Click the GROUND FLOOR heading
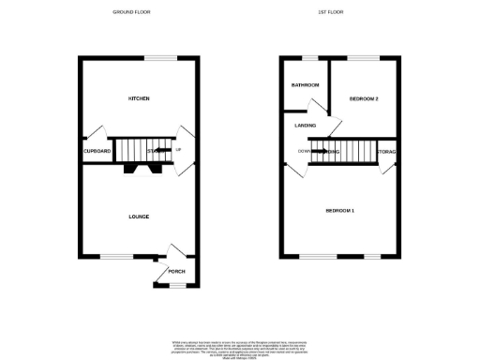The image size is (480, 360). pyautogui.click(x=131, y=12)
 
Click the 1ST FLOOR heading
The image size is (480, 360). pyautogui.click(x=343, y=12)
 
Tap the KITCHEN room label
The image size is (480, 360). pyautogui.click(x=140, y=98)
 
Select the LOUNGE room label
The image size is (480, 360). pyautogui.click(x=139, y=217)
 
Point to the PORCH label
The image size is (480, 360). pyautogui.click(x=176, y=272)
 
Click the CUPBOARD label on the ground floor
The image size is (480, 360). pyautogui.click(x=97, y=151)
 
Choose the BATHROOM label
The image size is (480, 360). pyautogui.click(x=305, y=85)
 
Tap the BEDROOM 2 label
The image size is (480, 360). pyautogui.click(x=364, y=98)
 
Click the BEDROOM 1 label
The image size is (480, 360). pyautogui.click(x=339, y=210)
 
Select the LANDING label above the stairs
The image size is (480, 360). pyautogui.click(x=305, y=125)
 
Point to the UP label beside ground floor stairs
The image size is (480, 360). pyautogui.click(x=178, y=150)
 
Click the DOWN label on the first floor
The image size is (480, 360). pyautogui.click(x=304, y=150)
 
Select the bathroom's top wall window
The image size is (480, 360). pyautogui.click(x=308, y=59)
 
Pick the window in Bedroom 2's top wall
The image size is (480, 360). pyautogui.click(x=363, y=59)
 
